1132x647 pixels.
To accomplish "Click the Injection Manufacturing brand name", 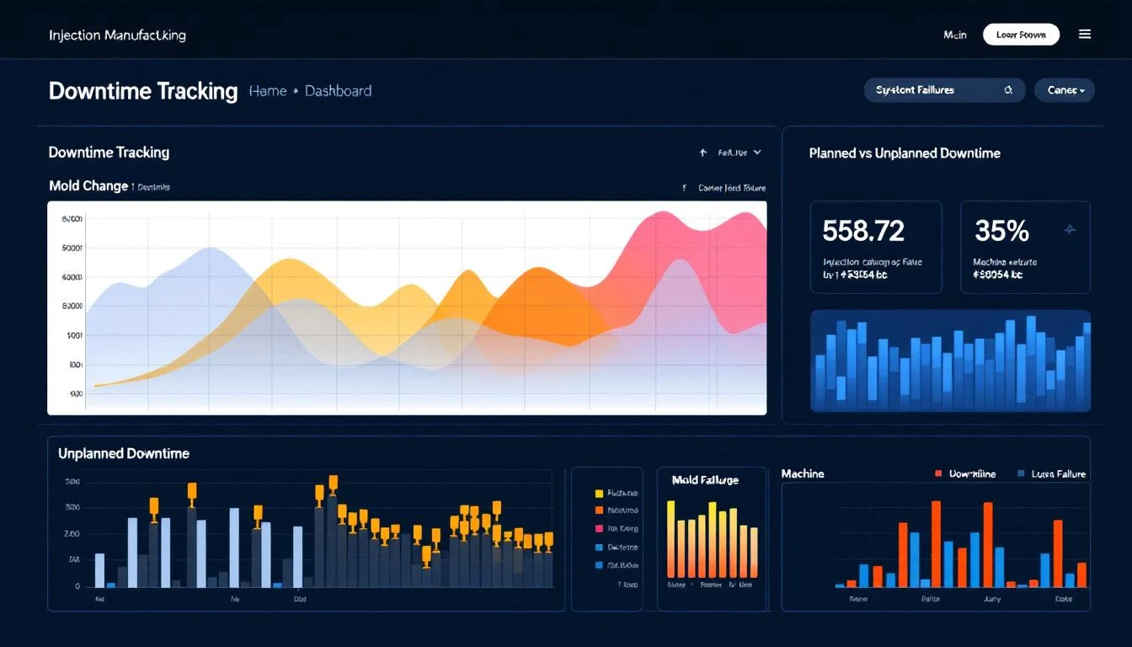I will click(117, 35).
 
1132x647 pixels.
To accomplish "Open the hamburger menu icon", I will click(1085, 35).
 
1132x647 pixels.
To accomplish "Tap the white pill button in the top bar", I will click(1021, 35).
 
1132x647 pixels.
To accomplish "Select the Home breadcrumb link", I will click(268, 91).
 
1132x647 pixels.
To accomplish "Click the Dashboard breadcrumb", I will click(338, 91).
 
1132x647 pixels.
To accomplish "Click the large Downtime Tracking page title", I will click(143, 91).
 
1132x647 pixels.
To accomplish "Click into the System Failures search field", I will click(935, 90).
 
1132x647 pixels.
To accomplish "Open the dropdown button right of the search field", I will click(1065, 90).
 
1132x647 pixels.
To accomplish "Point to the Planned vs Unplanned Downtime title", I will click(905, 153).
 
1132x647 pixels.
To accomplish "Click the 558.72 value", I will click(863, 231).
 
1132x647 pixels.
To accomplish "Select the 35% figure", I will click(1001, 231).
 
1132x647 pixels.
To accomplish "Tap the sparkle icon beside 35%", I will click(1070, 229).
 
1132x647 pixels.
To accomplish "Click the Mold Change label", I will click(88, 186).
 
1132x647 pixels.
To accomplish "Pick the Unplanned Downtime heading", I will click(124, 453).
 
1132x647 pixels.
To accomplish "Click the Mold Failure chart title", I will click(705, 480).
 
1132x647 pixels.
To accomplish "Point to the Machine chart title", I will click(802, 474).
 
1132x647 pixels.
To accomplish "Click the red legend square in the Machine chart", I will click(937, 474).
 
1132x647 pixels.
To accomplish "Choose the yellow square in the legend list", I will click(599, 494).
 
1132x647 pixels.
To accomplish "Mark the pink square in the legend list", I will click(599, 529).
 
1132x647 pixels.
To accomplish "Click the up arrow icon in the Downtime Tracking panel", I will click(702, 152).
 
